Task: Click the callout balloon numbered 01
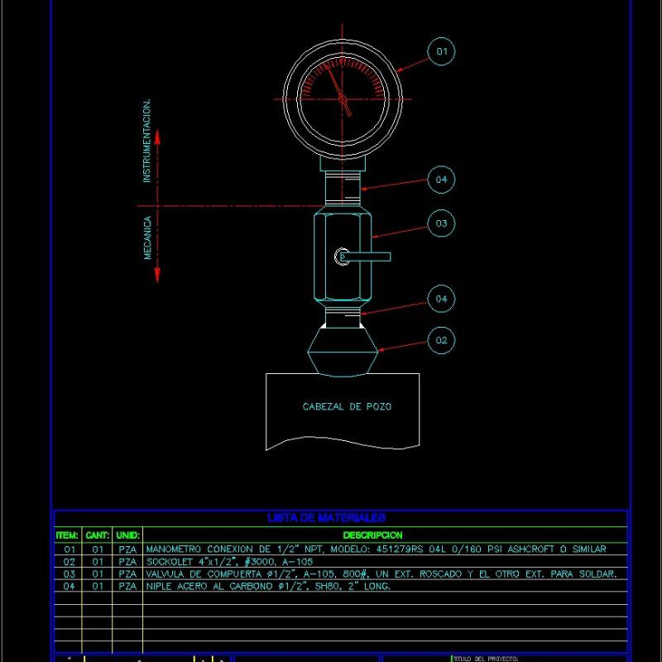(x=442, y=52)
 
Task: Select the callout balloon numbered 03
(x=442, y=223)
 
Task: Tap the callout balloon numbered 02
(x=442, y=340)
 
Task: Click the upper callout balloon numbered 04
(x=442, y=180)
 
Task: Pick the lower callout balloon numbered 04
(x=442, y=299)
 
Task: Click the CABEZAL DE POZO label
(x=347, y=406)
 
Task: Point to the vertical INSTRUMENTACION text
(x=147, y=141)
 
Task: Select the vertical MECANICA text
(x=147, y=238)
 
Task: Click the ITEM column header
(x=67, y=535)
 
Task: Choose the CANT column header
(x=98, y=535)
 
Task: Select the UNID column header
(x=128, y=535)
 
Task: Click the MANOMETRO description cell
(x=376, y=549)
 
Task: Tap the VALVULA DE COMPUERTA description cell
(x=381, y=573)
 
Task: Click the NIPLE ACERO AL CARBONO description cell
(x=267, y=586)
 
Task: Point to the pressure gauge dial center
(x=343, y=99)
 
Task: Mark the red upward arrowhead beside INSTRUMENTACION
(x=158, y=136)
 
